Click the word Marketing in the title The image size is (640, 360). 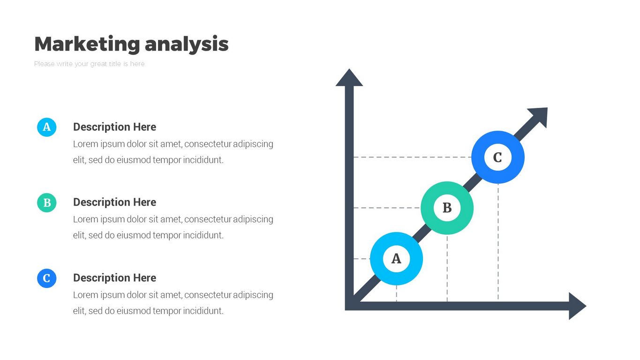pyautogui.click(x=87, y=44)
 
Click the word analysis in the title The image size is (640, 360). pyautogui.click(x=187, y=44)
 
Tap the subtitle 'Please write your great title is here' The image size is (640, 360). pyautogui.click(x=90, y=64)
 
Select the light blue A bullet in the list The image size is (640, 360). pyautogui.click(x=46, y=127)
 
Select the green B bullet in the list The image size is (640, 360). pyautogui.click(x=46, y=203)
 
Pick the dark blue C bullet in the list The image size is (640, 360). pyautogui.click(x=46, y=278)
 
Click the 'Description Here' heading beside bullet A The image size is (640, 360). pyautogui.click(x=114, y=127)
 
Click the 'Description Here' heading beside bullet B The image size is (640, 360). pyautogui.click(x=114, y=202)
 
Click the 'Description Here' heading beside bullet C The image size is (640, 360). pyautogui.click(x=114, y=278)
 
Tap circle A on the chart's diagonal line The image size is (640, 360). pyautogui.click(x=396, y=259)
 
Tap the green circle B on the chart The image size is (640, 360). pyautogui.click(x=447, y=208)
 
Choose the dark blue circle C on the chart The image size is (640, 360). pyautogui.click(x=497, y=157)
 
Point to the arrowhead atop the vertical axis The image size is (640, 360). pyautogui.click(x=349, y=78)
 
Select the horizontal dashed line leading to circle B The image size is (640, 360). pyautogui.click(x=386, y=208)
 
